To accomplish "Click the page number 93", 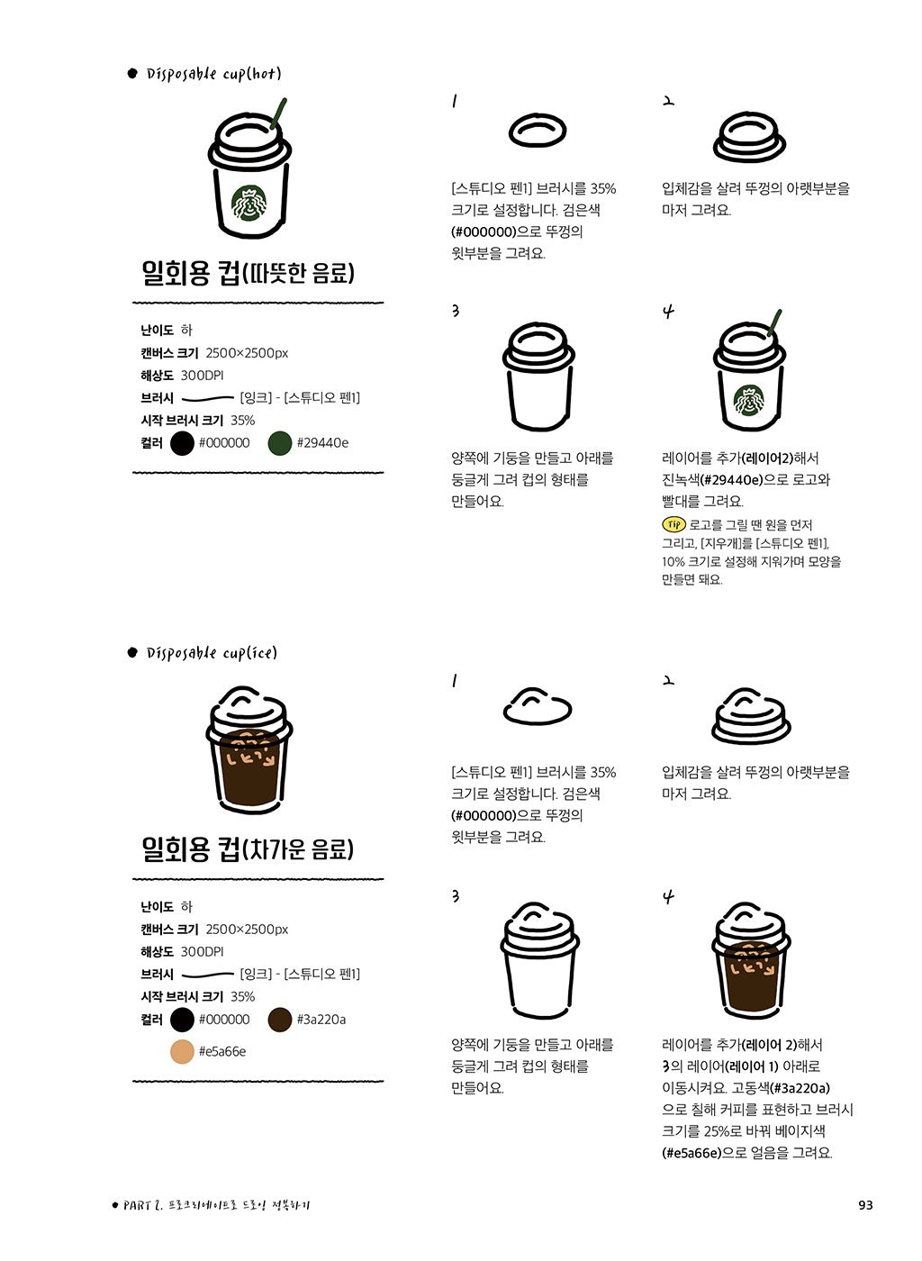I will click(865, 1205).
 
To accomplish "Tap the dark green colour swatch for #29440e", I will click(280, 443).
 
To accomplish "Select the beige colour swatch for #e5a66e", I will click(183, 1051).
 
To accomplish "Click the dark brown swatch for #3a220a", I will click(280, 1020).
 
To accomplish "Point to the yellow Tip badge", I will click(673, 524).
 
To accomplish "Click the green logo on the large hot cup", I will click(249, 204).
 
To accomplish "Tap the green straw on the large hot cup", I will click(278, 113).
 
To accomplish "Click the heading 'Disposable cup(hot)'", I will click(213, 74).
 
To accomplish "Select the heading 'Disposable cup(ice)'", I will click(212, 653).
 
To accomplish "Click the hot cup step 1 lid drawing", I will click(538, 131).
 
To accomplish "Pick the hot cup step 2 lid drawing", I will click(749, 137).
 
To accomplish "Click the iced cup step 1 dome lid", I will click(538, 706).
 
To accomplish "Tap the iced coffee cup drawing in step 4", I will click(751, 960).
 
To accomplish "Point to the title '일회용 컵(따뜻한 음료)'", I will click(248, 273).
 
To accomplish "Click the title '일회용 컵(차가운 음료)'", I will click(248, 849).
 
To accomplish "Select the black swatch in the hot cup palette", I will click(183, 443).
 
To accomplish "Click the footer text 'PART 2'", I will click(140, 1205).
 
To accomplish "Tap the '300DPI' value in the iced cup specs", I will click(202, 952).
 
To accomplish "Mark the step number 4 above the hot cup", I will click(668, 313).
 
